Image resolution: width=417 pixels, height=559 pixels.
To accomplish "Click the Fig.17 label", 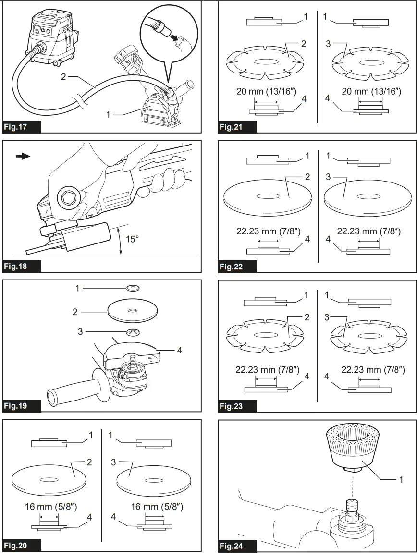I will [x=17, y=127].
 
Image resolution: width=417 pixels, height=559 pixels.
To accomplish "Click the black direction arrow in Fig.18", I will [x=23, y=156].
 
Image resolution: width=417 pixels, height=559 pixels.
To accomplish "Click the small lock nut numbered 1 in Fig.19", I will [x=130, y=289].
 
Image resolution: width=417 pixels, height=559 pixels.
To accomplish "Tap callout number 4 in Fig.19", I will [x=179, y=351].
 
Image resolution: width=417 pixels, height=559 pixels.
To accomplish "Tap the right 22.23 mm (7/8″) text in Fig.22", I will [x=368, y=231].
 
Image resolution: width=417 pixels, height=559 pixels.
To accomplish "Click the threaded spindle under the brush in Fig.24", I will [x=353, y=509].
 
